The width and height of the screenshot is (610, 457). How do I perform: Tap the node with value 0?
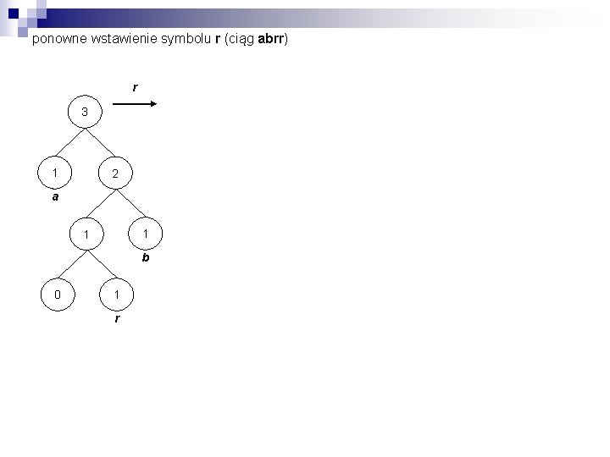coord(57,295)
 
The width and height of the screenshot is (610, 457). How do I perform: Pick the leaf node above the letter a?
coord(55,173)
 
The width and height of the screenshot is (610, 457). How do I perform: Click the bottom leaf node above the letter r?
coord(116,295)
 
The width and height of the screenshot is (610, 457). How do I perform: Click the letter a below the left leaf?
coord(55,196)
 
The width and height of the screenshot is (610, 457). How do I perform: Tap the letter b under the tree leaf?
coord(145,257)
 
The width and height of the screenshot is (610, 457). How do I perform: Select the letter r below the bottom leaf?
coord(117,319)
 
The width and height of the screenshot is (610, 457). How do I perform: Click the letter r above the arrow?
coord(135,86)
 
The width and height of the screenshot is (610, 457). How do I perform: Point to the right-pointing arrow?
coord(133,104)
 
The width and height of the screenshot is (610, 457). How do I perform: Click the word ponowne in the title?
coord(55,40)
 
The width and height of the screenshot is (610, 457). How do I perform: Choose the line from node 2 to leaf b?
coord(130,204)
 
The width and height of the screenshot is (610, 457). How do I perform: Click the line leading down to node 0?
coord(71,264)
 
